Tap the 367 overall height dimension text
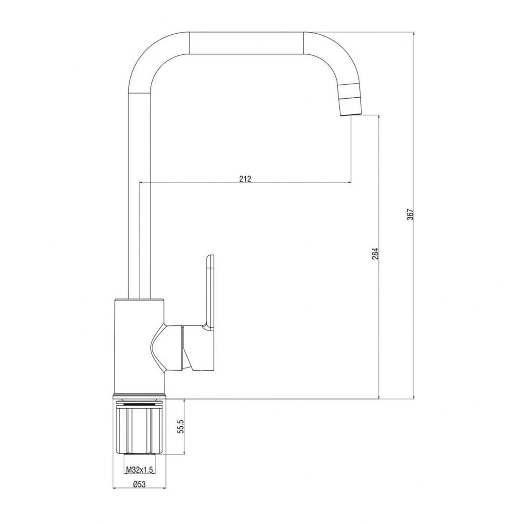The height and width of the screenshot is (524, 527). (410, 214)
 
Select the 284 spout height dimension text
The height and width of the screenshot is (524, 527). (375, 253)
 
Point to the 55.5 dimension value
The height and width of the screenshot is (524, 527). (181, 426)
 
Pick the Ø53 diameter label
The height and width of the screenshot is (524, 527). (139, 484)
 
